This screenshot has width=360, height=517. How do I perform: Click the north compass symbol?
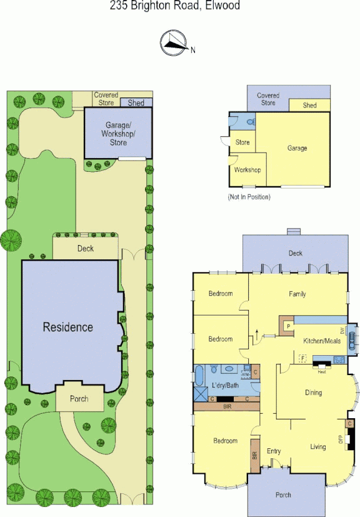click(x=174, y=42)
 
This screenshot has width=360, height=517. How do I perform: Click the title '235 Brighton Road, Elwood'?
click(x=175, y=6)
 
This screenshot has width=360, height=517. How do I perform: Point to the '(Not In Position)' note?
click(x=249, y=197)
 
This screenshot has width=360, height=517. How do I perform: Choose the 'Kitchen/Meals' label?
click(x=322, y=341)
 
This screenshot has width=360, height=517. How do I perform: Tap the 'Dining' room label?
click(x=313, y=393)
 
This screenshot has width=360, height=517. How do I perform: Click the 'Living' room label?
click(x=318, y=446)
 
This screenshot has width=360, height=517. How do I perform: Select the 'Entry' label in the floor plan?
click(x=274, y=451)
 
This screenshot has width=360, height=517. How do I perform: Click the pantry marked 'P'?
click(x=287, y=326)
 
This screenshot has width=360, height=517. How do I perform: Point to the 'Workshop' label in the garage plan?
click(x=247, y=170)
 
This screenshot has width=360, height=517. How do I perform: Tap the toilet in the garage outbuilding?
click(x=250, y=122)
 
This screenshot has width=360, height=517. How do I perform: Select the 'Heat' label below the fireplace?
click(x=321, y=371)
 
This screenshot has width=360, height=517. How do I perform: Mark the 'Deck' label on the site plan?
click(x=85, y=249)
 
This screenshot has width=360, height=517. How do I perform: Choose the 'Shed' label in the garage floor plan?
click(x=309, y=106)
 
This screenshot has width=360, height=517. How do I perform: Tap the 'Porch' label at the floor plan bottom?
click(x=283, y=495)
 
